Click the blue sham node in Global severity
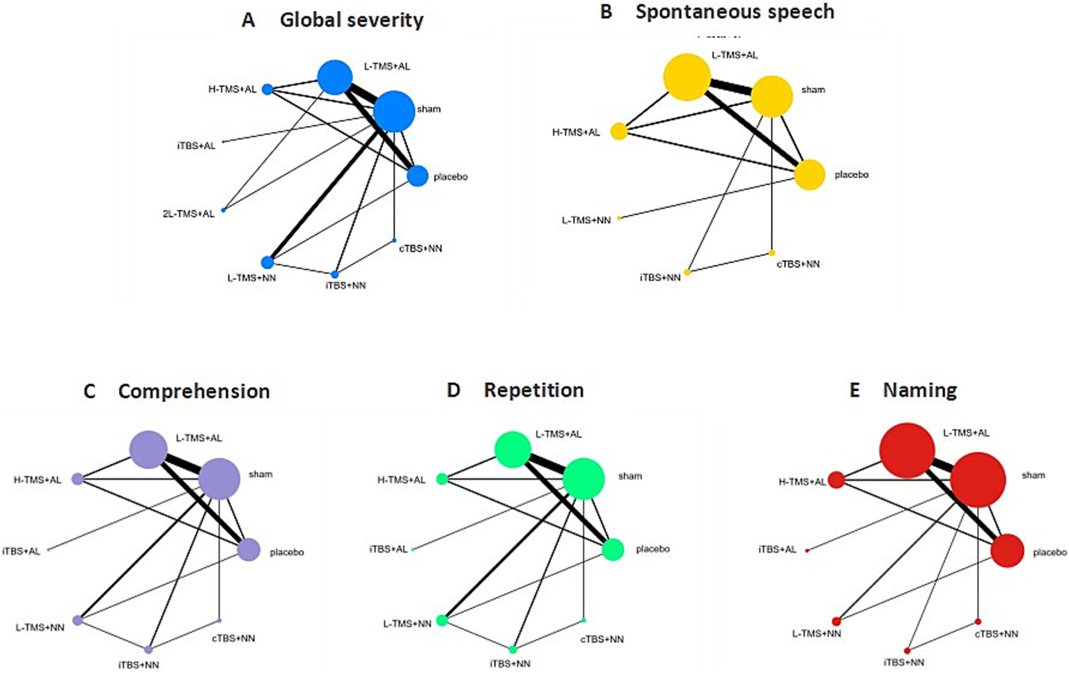(x=394, y=111)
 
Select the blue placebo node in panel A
(x=417, y=176)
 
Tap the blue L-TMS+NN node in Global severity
(x=267, y=262)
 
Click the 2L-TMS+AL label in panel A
(x=189, y=214)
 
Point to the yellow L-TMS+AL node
(x=687, y=77)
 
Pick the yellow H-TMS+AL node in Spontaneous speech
(x=618, y=131)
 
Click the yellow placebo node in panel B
(x=809, y=175)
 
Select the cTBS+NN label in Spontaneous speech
(x=798, y=264)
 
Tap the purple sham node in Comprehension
(x=219, y=479)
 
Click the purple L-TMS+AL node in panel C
(x=148, y=449)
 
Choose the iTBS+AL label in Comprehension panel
(x=22, y=551)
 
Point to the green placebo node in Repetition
(x=613, y=550)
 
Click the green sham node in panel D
(x=584, y=479)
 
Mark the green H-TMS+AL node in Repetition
(x=442, y=479)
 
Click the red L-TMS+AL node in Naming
(x=907, y=451)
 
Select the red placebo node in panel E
(x=1007, y=551)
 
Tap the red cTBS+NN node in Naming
(x=978, y=621)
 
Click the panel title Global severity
(x=352, y=20)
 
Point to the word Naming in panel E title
(x=920, y=390)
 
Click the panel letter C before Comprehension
(x=90, y=392)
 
